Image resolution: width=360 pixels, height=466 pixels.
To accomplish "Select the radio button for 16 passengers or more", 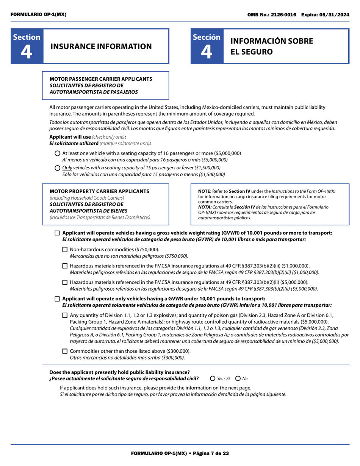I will pyautogui.click(x=58, y=153).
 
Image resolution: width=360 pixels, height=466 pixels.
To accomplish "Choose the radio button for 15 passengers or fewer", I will pyautogui.click(x=58, y=168).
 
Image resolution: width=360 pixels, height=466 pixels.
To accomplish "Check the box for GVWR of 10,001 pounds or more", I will pyautogui.click(x=58, y=233).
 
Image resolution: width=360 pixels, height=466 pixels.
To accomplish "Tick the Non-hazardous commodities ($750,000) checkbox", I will pyautogui.click(x=65, y=250).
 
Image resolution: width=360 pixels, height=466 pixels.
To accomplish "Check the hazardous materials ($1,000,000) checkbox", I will pyautogui.click(x=65, y=266).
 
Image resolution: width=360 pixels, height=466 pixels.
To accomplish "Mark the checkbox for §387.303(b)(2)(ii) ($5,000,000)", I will pyautogui.click(x=65, y=282).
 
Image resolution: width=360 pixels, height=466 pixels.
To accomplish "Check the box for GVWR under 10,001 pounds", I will pyautogui.click(x=58, y=299).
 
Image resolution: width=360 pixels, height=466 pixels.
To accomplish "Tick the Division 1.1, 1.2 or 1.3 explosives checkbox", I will pyautogui.click(x=65, y=315).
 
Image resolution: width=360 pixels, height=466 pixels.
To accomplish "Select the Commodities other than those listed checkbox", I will pyautogui.click(x=65, y=351).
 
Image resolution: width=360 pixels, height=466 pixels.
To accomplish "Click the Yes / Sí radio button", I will pyautogui.click(x=213, y=378).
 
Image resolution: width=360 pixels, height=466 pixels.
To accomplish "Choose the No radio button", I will pyautogui.click(x=238, y=378).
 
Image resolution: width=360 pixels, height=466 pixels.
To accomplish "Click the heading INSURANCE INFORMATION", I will pyautogui.click(x=101, y=47).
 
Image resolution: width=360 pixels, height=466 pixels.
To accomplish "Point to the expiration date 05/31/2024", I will pyautogui.click(x=336, y=14).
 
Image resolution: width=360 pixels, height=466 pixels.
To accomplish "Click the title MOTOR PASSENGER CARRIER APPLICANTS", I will pyautogui.click(x=101, y=79).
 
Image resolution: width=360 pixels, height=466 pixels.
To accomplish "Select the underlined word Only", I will pyautogui.click(x=67, y=168).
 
